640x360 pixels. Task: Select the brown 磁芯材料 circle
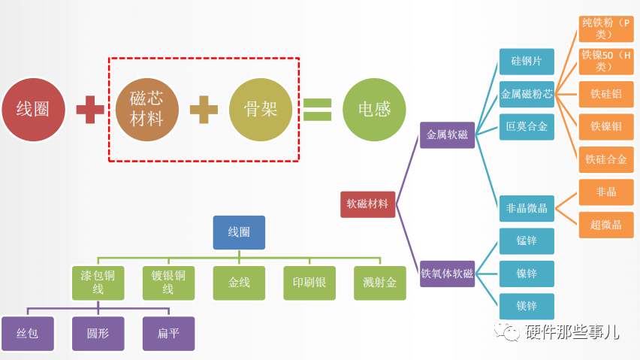(x=147, y=109)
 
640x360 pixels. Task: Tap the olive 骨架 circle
(x=260, y=109)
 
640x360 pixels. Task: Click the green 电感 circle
(x=374, y=109)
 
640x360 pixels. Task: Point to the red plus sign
(x=90, y=110)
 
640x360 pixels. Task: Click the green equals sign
(x=317, y=110)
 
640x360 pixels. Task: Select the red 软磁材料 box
(x=367, y=204)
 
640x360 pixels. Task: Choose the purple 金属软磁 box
(x=447, y=135)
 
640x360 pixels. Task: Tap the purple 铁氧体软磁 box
(x=447, y=274)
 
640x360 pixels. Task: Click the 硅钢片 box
(x=527, y=61)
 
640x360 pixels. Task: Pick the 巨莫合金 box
(x=527, y=126)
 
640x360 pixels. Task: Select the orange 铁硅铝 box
(x=605, y=94)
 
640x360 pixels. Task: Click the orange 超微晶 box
(x=605, y=225)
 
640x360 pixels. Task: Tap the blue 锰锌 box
(x=527, y=241)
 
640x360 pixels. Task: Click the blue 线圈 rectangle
(x=239, y=232)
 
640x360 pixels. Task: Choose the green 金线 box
(x=239, y=283)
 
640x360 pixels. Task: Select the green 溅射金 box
(x=379, y=283)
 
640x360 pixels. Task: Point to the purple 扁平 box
(x=168, y=334)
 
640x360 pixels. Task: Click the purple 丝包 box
(x=28, y=334)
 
